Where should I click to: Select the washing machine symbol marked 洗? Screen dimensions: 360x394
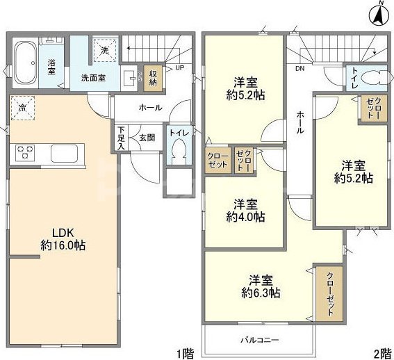105,50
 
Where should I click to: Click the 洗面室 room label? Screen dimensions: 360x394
92,78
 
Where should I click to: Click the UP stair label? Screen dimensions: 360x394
180,68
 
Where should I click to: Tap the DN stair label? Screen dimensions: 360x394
300,69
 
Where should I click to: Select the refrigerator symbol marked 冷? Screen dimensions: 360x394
23,108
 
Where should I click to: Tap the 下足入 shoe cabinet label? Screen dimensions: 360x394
122,138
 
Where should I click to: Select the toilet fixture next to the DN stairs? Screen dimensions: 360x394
367,76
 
